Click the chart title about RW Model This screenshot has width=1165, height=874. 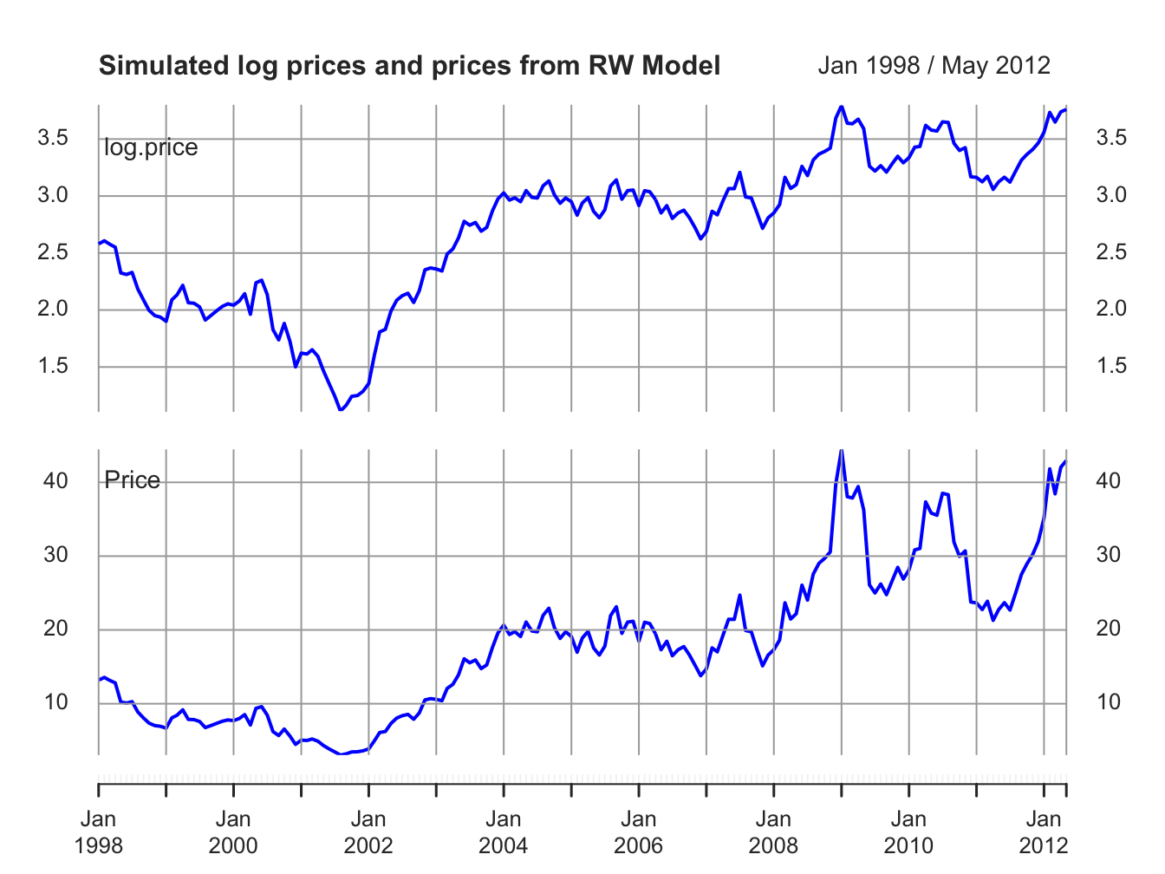(x=409, y=66)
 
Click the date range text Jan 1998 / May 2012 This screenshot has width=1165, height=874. (x=934, y=66)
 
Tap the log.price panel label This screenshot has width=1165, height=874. (x=151, y=147)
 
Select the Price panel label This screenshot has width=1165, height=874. (x=132, y=480)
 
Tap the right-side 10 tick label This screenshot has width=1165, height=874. (x=1109, y=702)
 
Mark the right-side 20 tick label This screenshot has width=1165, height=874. (x=1109, y=629)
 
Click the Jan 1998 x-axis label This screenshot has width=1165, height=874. (x=98, y=832)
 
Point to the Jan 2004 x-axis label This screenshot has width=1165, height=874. (x=504, y=832)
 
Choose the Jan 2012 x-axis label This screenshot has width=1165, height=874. (x=1044, y=832)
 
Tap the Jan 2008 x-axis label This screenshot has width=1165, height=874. (x=773, y=832)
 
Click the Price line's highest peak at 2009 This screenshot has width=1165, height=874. (x=841, y=451)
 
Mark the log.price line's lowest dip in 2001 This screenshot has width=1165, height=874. (x=341, y=409)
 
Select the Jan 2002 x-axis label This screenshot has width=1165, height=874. (x=368, y=832)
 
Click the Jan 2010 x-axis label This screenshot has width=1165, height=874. (x=908, y=832)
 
